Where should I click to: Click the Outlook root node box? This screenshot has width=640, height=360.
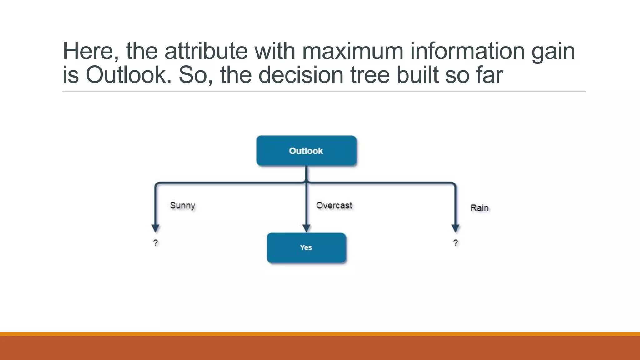tap(306, 151)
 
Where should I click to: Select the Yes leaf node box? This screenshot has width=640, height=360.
tap(306, 247)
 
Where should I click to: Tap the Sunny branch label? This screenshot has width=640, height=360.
tap(182, 206)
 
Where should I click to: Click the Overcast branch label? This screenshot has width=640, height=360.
tap(334, 206)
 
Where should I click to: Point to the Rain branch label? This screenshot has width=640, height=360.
tap(479, 208)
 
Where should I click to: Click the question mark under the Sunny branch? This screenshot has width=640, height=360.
tap(156, 243)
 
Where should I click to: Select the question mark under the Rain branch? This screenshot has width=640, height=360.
tap(456, 243)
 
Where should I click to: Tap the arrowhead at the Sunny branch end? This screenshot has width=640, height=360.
tap(156, 228)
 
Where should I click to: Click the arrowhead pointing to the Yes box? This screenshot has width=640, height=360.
tap(306, 228)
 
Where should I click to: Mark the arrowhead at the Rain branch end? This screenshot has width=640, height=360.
tap(456, 228)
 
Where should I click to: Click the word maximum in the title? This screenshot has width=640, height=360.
tap(352, 51)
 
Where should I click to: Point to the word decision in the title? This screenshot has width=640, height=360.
tap(301, 75)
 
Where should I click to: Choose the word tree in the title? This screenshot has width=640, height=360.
tap(370, 75)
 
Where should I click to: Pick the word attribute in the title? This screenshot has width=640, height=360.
tap(206, 51)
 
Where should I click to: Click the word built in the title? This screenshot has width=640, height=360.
tap(417, 75)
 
